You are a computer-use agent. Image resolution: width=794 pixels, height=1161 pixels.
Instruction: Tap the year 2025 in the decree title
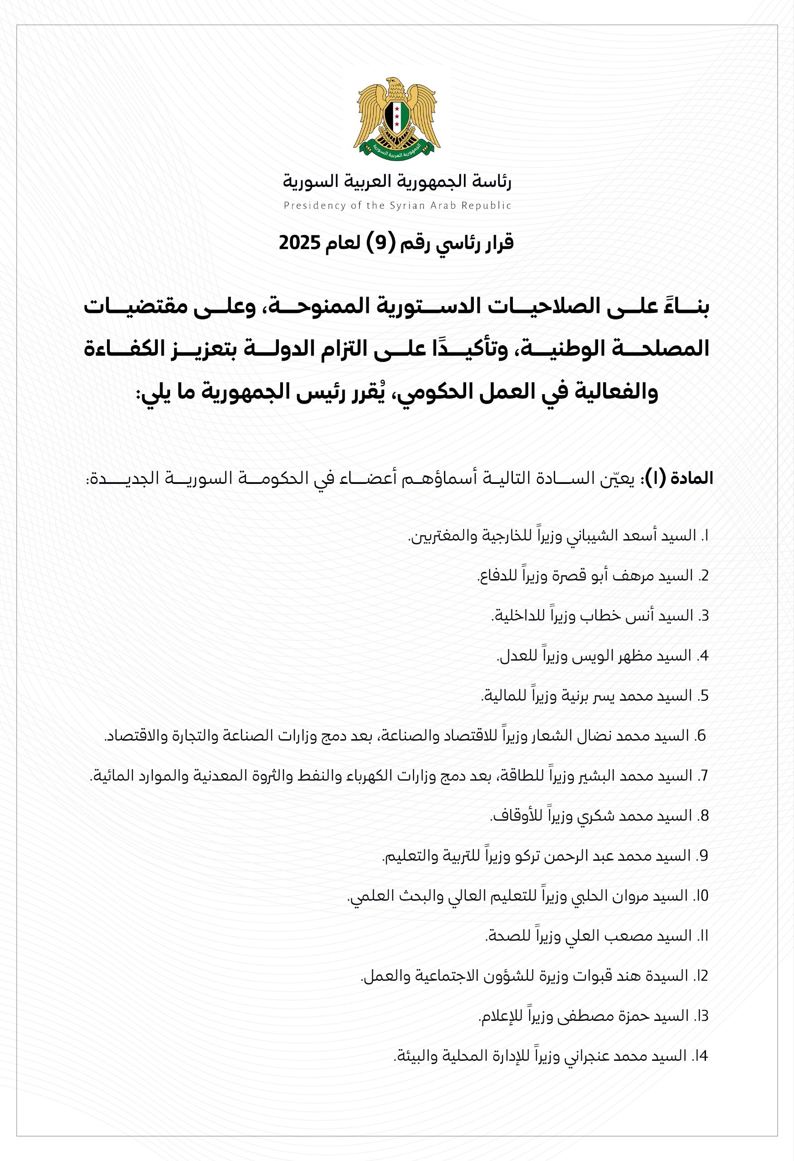click(x=299, y=243)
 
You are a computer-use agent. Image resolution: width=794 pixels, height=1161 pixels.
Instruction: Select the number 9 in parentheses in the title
click(x=381, y=243)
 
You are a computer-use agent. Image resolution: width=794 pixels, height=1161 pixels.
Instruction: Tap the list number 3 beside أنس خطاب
click(x=704, y=616)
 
